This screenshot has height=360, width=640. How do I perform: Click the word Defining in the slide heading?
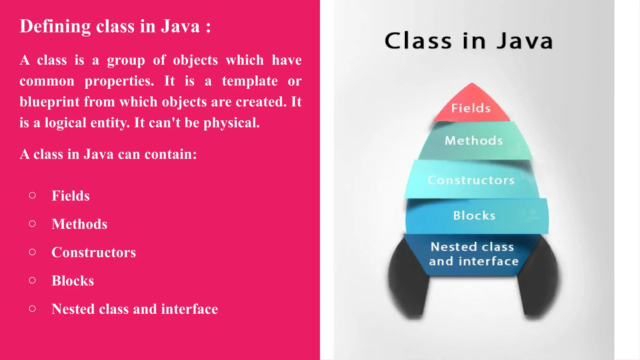click(x=55, y=26)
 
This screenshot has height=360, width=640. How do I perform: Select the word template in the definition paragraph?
click(x=250, y=81)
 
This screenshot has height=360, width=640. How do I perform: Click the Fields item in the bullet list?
click(x=71, y=196)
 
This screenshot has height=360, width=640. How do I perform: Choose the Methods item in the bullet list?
click(x=79, y=224)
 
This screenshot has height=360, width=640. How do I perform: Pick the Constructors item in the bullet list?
click(x=94, y=252)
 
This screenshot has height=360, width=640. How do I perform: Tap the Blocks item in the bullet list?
click(x=73, y=281)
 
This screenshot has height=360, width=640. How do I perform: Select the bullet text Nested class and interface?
click(x=135, y=309)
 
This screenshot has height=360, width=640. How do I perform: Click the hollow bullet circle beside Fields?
click(x=32, y=196)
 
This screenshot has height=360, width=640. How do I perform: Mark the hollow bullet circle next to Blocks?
click(x=32, y=280)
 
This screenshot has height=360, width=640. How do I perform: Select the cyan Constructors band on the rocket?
click(x=471, y=180)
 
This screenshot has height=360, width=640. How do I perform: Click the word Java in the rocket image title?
click(x=525, y=41)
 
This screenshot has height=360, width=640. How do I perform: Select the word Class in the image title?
click(x=418, y=41)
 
